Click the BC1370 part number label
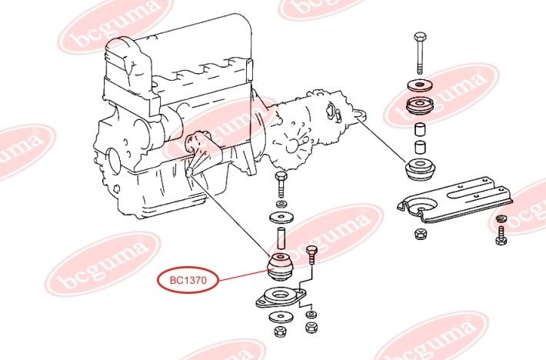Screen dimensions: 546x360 (x=188, y=280)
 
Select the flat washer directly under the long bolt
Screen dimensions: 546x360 (x=420, y=85)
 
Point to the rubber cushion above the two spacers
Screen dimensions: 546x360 (x=420, y=106)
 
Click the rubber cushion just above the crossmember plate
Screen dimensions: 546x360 (x=421, y=169)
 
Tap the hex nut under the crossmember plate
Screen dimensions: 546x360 (x=421, y=234)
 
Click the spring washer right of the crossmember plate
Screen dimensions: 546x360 (x=501, y=218)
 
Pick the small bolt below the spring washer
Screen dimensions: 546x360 (x=501, y=235)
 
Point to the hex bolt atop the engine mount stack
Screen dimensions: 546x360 (x=281, y=184)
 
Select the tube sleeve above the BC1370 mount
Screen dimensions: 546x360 (x=281, y=238)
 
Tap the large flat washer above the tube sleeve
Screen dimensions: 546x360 (x=281, y=218)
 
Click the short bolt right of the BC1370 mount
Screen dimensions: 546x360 (x=311, y=256)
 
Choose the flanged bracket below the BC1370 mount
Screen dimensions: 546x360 (x=281, y=298)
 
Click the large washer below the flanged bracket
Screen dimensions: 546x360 (x=281, y=317)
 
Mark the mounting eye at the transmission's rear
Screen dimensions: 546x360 (x=361, y=114)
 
